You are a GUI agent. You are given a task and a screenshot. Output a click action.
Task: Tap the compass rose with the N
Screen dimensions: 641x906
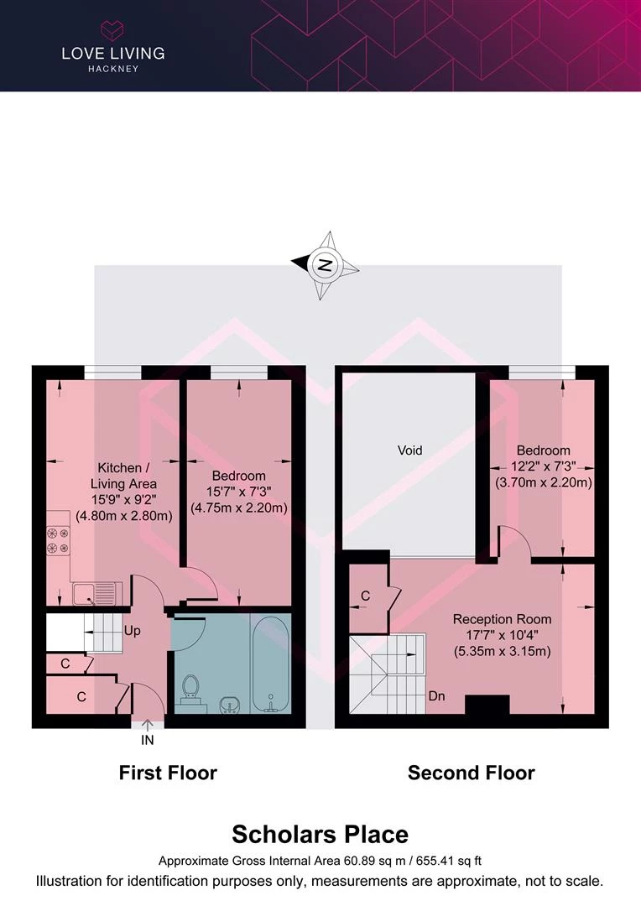click(325, 265)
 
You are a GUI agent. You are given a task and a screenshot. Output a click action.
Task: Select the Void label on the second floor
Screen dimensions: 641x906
click(409, 450)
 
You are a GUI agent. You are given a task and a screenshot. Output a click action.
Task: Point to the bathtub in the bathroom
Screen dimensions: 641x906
click(270, 664)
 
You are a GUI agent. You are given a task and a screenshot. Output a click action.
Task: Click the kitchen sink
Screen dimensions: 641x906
click(97, 593)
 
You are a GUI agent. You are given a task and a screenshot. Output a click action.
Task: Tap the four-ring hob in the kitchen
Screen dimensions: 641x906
click(58, 540)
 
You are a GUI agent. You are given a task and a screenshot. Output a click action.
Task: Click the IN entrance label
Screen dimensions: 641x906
click(148, 740)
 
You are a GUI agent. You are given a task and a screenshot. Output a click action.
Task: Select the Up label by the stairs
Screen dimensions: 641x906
click(132, 631)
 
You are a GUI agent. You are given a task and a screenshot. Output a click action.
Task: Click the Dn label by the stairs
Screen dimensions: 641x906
click(436, 696)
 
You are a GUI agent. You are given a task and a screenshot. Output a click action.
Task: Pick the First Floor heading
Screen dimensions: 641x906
click(168, 773)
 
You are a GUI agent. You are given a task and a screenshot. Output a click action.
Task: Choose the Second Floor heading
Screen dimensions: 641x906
click(471, 773)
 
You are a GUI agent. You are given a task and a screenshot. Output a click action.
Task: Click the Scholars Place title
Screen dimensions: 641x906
click(320, 835)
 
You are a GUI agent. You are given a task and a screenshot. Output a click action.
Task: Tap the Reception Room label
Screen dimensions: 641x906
click(502, 619)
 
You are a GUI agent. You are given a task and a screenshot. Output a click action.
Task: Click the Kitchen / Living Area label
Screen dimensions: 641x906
click(123, 476)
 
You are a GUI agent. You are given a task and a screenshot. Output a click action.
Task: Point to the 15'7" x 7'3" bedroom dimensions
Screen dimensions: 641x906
click(239, 492)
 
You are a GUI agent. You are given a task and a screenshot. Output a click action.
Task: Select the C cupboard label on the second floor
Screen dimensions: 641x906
click(365, 596)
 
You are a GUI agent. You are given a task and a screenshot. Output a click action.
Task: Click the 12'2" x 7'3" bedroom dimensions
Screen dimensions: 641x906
click(544, 466)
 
